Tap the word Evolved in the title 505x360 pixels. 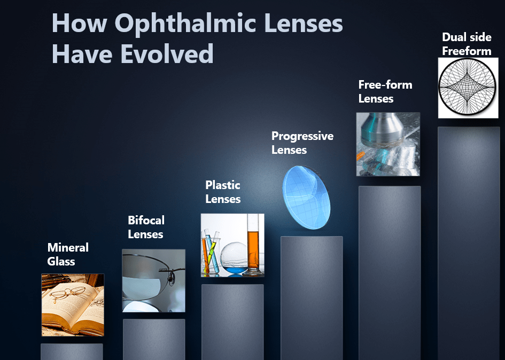(x=167, y=53)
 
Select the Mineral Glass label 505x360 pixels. (x=68, y=254)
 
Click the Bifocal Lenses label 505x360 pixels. (x=146, y=227)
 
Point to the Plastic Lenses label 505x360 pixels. (x=223, y=192)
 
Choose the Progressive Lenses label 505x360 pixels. (x=302, y=143)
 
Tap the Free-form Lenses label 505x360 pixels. (x=385, y=91)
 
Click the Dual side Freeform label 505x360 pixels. (x=467, y=44)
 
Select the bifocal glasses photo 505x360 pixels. (x=153, y=280)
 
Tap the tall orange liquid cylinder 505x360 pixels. (x=253, y=245)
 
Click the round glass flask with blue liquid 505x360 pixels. (x=234, y=259)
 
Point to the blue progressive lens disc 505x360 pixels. (x=306, y=198)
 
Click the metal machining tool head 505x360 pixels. (x=382, y=130)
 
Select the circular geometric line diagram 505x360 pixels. (x=468, y=88)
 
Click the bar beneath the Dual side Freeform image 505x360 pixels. (x=469, y=243)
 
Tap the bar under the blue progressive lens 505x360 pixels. (x=312, y=298)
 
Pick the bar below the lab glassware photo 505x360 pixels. (x=232, y=322)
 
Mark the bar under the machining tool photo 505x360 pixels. (x=390, y=273)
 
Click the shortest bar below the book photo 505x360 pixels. (x=72, y=351)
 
